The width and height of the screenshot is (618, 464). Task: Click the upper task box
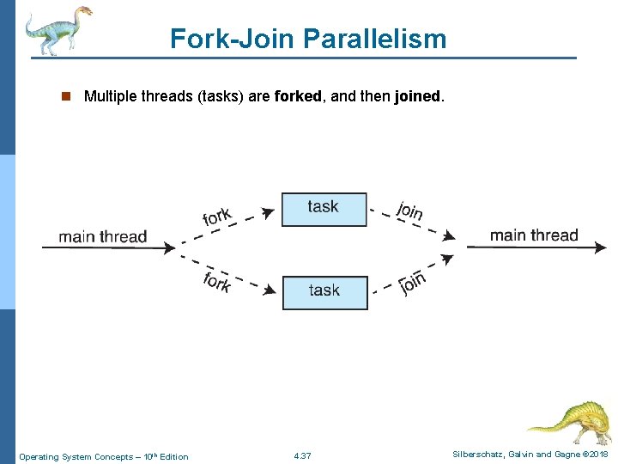(x=324, y=209)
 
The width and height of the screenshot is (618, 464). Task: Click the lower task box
(x=324, y=292)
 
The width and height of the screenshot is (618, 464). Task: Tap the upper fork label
(x=218, y=212)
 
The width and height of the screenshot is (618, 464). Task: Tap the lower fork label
(x=217, y=280)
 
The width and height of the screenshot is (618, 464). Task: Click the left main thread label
(x=103, y=236)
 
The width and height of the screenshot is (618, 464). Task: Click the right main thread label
(x=534, y=235)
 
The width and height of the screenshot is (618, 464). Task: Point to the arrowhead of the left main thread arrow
(x=169, y=247)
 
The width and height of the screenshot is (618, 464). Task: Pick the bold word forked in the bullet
(x=300, y=96)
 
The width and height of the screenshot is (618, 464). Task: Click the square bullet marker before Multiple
(x=64, y=96)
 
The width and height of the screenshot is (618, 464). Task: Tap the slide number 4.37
(x=302, y=456)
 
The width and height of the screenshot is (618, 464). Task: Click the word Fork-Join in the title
(x=227, y=39)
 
